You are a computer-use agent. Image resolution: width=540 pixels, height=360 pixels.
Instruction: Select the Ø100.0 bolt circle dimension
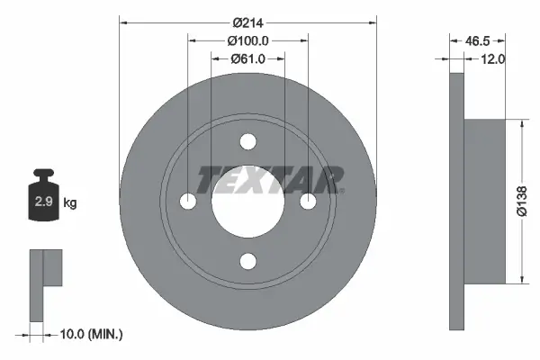click(x=248, y=41)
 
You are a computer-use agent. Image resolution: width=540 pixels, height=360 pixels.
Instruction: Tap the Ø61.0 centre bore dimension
click(x=248, y=59)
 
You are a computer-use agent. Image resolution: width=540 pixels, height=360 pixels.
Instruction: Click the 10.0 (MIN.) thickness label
click(x=90, y=334)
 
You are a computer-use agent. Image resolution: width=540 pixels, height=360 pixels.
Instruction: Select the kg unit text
click(x=70, y=203)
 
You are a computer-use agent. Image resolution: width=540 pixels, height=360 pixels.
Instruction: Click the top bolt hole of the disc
click(x=248, y=141)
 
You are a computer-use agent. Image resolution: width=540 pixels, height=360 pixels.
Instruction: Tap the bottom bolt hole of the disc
click(x=248, y=261)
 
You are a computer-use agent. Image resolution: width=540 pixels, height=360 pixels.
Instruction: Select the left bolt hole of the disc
click(x=189, y=202)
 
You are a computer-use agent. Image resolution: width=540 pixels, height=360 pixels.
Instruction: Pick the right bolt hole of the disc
click(x=308, y=202)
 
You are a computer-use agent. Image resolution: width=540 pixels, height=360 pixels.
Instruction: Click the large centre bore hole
click(x=248, y=202)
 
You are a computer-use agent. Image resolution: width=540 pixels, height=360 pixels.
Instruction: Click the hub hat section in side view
click(x=482, y=202)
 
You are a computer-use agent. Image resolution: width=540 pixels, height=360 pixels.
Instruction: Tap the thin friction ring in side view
click(x=455, y=202)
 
